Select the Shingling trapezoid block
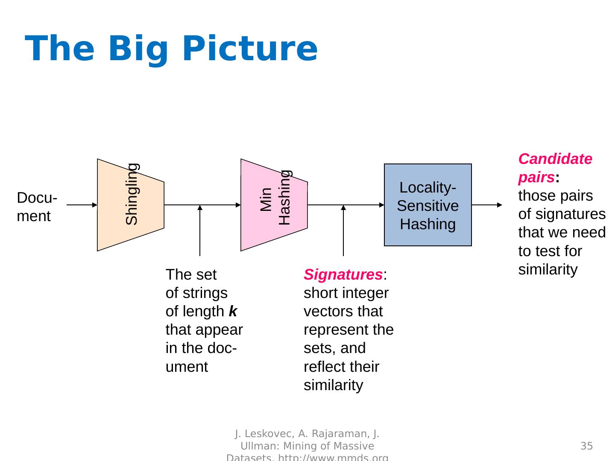(130, 205)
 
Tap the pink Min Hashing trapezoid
(274, 205)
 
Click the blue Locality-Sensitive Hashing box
(428, 205)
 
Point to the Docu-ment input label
(37, 207)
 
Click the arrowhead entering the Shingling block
(95, 205)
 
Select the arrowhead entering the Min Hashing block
(238, 205)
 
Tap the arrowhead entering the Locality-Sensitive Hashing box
(382, 205)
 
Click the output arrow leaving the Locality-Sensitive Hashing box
(487, 205)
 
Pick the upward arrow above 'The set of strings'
(200, 230)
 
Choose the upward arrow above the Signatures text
(343, 230)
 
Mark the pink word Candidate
(555, 159)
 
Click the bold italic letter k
(233, 311)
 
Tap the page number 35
(586, 446)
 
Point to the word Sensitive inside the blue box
(428, 206)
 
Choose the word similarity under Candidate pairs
(548, 270)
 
